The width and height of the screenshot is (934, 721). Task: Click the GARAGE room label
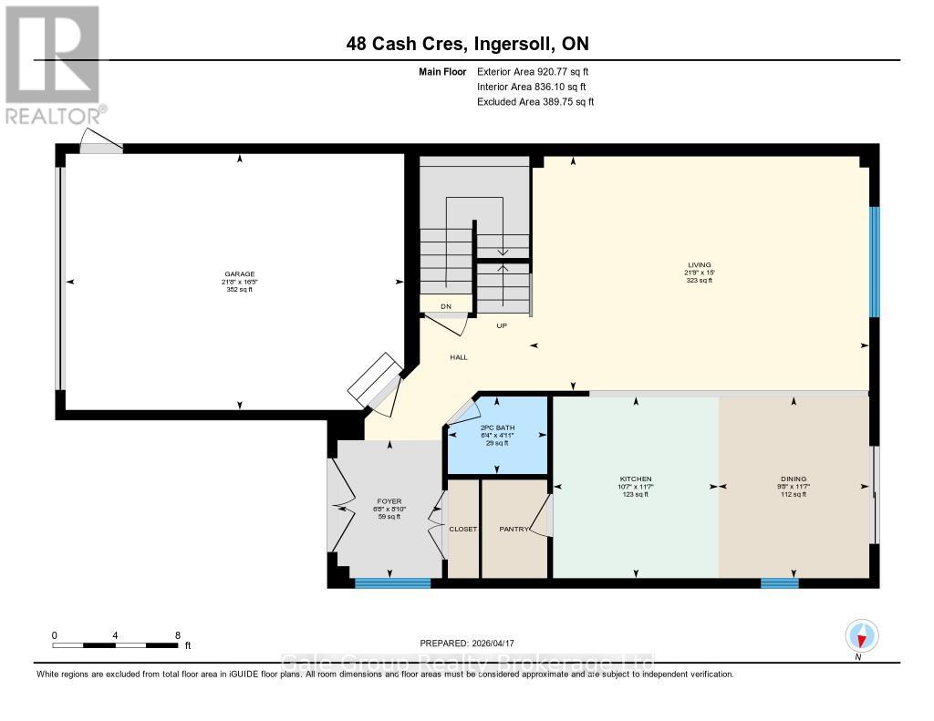click(240, 273)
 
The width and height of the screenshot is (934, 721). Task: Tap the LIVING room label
click(700, 265)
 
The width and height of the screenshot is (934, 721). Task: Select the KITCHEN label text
click(636, 479)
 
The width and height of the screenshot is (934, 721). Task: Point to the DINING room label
click(793, 479)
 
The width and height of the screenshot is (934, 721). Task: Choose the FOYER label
click(389, 500)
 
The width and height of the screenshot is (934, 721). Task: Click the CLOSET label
click(463, 529)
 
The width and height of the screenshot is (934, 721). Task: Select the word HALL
click(459, 357)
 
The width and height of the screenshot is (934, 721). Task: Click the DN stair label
click(446, 306)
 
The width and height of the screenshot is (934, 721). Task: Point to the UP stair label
click(502, 325)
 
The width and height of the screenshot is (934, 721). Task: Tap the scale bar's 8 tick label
click(177, 634)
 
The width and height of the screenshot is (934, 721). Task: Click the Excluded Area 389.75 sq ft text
click(535, 102)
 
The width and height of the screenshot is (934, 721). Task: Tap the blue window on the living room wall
click(874, 262)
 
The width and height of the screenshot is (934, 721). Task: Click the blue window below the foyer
click(392, 583)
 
